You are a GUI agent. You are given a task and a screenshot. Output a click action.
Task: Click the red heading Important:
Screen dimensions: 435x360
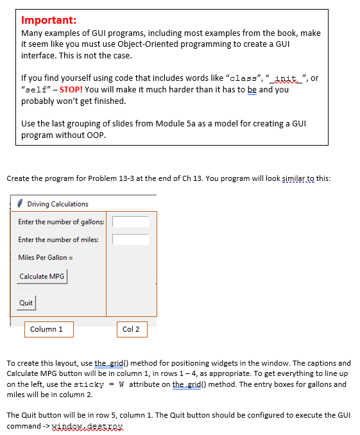49,20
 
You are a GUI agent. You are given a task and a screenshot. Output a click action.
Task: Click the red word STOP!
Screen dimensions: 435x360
72,90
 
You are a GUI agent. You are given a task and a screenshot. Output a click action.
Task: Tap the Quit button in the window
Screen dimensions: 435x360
26,303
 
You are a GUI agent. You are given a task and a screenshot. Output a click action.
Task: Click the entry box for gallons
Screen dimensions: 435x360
131,222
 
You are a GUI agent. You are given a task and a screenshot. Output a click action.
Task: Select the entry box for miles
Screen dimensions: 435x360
131,240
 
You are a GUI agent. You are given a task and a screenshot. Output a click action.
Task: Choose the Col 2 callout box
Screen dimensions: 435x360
132,330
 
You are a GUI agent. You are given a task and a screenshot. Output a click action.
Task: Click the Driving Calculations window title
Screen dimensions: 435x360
58,204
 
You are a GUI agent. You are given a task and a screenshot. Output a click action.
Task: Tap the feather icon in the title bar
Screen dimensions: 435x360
21,204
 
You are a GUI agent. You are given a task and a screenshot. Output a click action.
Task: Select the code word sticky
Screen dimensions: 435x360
90,385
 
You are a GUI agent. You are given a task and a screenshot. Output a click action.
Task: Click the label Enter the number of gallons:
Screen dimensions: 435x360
62,222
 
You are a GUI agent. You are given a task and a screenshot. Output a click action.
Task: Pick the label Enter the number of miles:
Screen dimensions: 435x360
58,240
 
